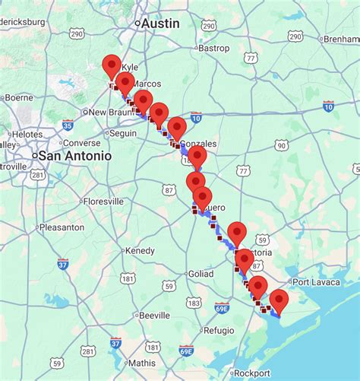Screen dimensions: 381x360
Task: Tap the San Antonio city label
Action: point(74,155)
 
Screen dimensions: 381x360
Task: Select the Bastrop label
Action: point(213,48)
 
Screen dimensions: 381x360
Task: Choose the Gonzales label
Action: point(199,144)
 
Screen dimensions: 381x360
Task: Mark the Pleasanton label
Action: point(61,227)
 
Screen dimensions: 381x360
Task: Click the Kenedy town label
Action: point(140,250)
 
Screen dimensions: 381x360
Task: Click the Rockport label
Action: point(251,373)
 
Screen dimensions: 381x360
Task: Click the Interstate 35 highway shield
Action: point(68,125)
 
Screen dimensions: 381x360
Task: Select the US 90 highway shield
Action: point(281,145)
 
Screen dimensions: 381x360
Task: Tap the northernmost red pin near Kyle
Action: point(112,67)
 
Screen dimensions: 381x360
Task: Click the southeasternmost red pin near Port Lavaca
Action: point(279,300)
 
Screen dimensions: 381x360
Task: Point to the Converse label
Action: point(81,143)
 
